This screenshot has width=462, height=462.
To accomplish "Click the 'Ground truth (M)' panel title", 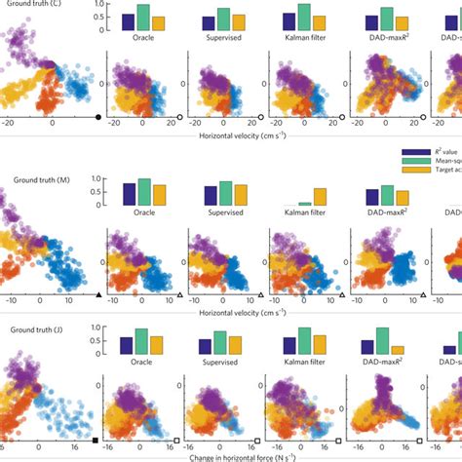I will click(x=40, y=179).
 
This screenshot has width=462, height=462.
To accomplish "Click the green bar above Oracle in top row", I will click(x=143, y=18).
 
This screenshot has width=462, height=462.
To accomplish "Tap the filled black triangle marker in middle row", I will click(x=97, y=293).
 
